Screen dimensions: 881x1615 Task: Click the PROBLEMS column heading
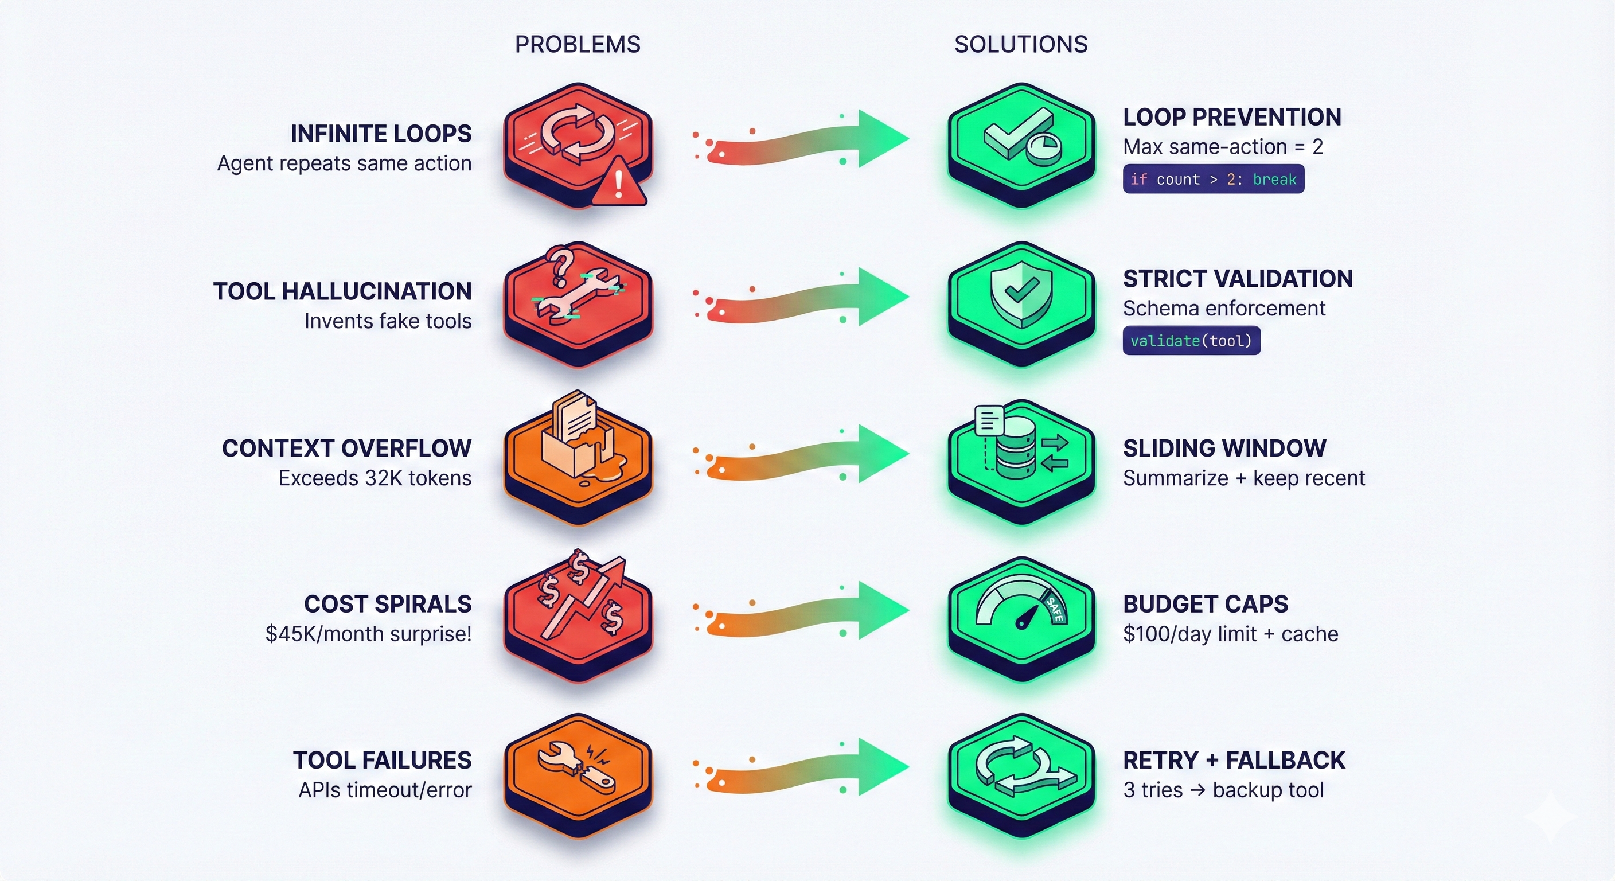point(578,45)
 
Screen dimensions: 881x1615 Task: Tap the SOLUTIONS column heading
point(1021,45)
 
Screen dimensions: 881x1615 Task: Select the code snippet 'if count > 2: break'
point(1213,180)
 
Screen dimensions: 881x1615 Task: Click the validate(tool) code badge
point(1191,341)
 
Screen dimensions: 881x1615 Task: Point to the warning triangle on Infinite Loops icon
point(618,184)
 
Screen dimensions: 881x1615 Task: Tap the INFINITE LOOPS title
point(381,134)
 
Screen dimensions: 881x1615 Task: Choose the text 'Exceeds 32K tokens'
point(375,478)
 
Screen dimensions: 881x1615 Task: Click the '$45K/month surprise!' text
point(369,633)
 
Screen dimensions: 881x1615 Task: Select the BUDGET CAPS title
point(1205,604)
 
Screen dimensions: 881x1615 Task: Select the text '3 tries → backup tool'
point(1223,789)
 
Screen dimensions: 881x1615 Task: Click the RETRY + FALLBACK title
point(1233,760)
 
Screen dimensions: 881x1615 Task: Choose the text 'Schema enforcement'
point(1223,308)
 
